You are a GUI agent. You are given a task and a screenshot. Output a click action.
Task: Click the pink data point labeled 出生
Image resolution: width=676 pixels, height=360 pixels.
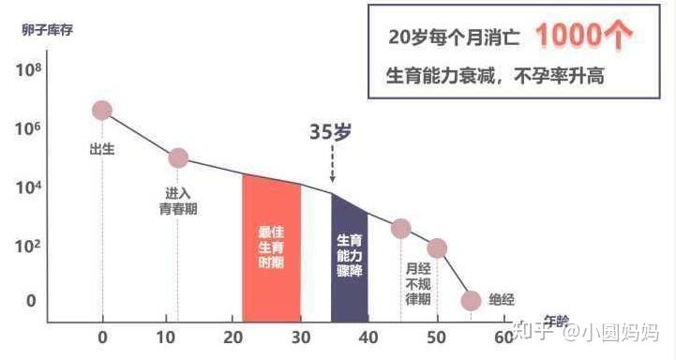coord(102,110)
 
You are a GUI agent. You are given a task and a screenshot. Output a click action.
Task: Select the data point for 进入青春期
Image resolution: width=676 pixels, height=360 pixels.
coord(177,157)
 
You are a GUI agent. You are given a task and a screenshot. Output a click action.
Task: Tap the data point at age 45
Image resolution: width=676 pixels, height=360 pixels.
coord(400,228)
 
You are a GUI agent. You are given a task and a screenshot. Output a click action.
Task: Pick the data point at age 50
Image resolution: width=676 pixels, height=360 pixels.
coord(437,247)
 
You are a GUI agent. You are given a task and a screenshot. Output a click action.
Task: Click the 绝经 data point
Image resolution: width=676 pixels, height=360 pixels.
coord(472,300)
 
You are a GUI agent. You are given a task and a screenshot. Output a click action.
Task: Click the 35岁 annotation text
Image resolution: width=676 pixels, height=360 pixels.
coord(331,132)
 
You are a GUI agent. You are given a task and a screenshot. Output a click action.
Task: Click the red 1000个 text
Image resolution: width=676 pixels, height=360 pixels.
coord(582,36)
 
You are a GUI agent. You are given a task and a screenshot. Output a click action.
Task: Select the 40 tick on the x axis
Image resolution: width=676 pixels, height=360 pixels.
coord(368,337)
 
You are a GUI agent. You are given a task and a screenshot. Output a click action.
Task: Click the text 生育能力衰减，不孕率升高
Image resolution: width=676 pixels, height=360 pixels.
coord(495,76)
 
